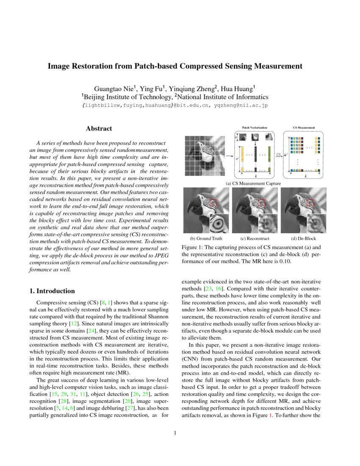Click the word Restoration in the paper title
[115, 66]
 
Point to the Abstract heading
[99, 128]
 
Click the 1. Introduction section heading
[52, 291]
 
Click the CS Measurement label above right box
[304, 127]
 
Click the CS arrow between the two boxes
[279, 156]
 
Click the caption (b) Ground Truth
[206, 239]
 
